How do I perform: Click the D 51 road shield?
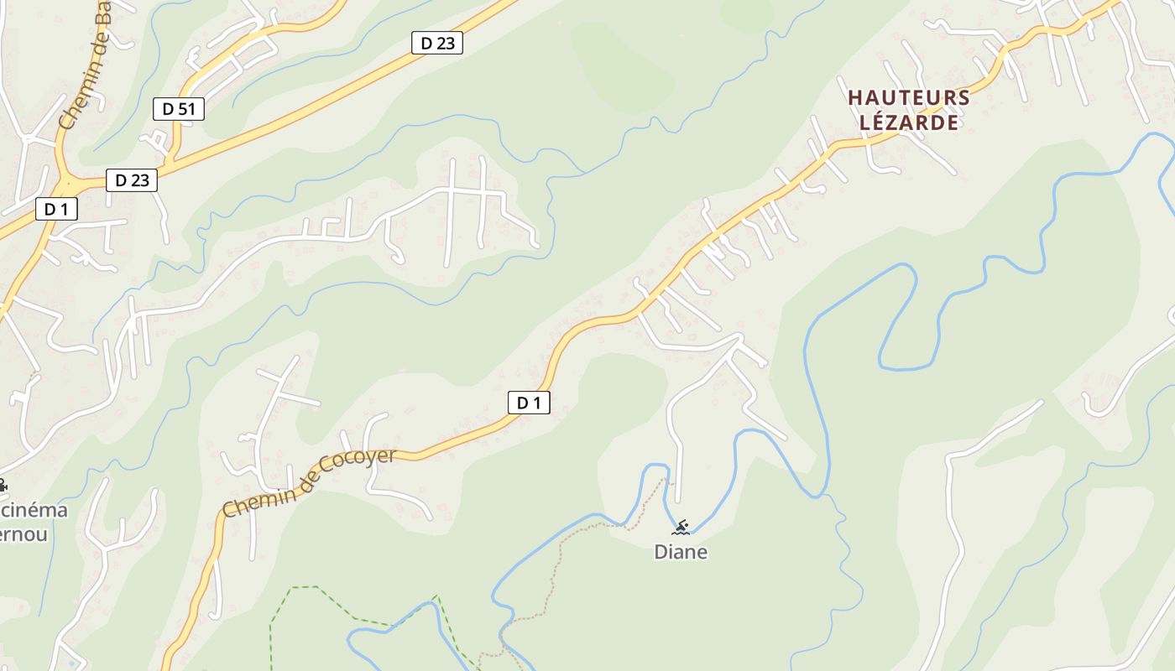click(x=179, y=108)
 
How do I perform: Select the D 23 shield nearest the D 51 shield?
click(x=132, y=179)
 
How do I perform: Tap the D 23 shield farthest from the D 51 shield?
click(x=436, y=43)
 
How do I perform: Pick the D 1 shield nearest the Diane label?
click(x=529, y=403)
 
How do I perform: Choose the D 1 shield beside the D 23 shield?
click(x=56, y=209)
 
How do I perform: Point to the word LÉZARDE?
click(x=909, y=122)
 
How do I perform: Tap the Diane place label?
click(x=681, y=552)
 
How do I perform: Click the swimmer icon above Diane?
click(x=681, y=528)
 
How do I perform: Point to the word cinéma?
click(x=34, y=510)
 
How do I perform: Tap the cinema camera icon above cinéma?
click(x=3, y=485)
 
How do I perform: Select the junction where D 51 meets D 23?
click(x=170, y=164)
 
